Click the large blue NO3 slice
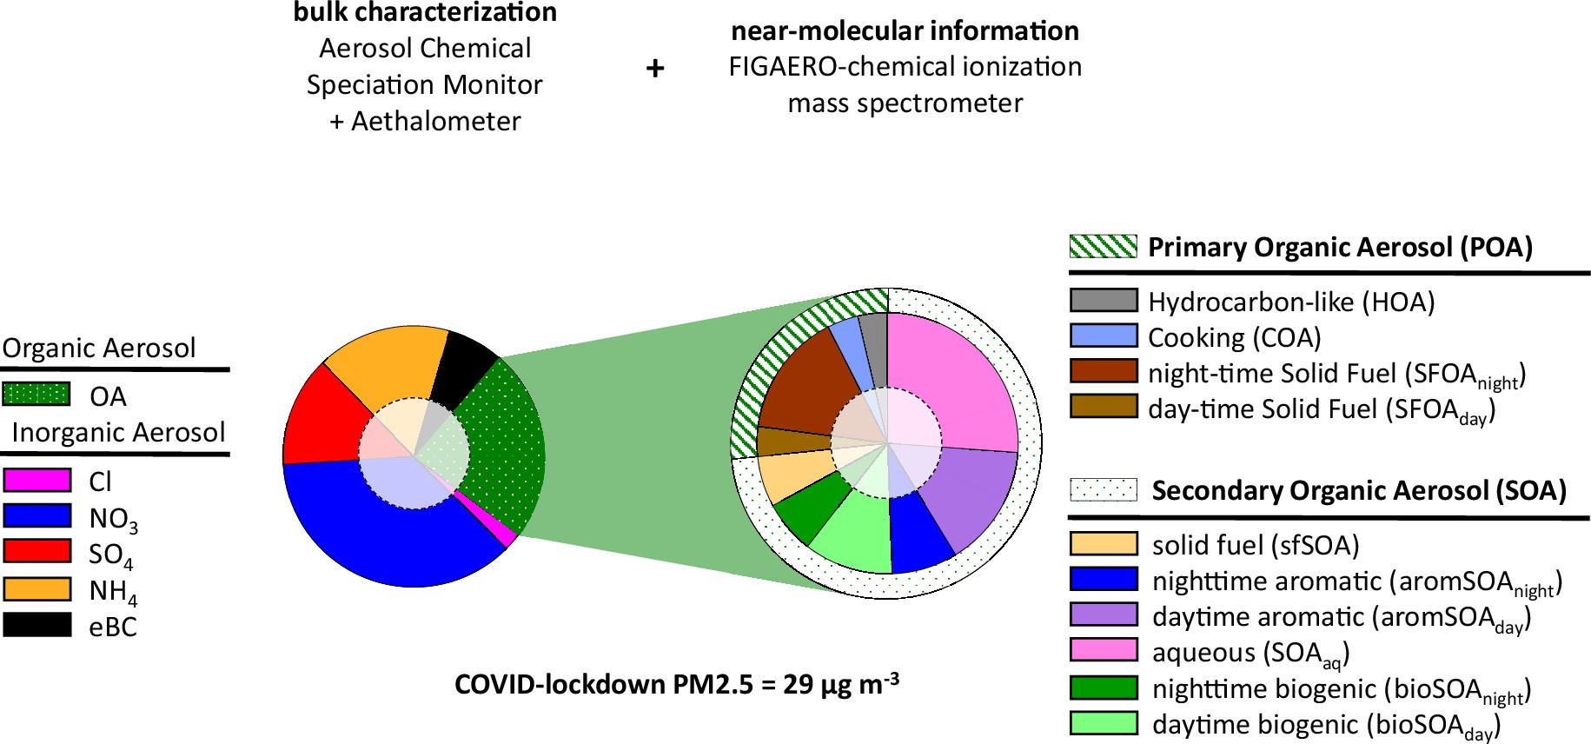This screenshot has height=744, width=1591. (391, 539)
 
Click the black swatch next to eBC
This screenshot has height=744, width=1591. (37, 626)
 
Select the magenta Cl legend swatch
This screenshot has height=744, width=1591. (37, 481)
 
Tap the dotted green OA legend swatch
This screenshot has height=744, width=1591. (36, 395)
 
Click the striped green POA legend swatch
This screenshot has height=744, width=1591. (1103, 247)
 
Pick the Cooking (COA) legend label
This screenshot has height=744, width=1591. (1234, 337)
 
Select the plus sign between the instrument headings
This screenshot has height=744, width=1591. (655, 68)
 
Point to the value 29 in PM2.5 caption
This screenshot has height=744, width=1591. (798, 685)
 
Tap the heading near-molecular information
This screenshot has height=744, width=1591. (905, 30)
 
